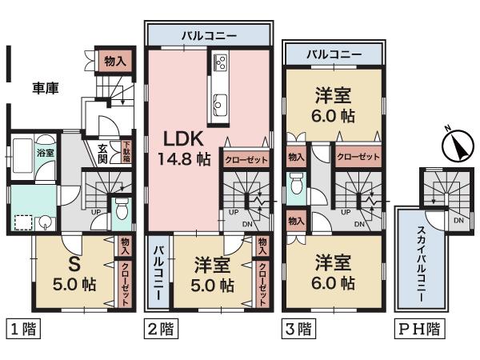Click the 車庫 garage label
(46, 87)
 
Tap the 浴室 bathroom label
(45, 152)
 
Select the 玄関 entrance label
(104, 153)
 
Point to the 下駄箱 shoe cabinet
(126, 152)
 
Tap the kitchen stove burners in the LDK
(221, 62)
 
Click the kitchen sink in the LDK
(221, 101)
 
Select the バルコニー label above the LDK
(208, 36)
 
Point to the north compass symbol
(454, 146)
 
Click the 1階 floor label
(22, 328)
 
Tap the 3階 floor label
(297, 328)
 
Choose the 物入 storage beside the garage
(111, 61)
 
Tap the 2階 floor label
(160, 328)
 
